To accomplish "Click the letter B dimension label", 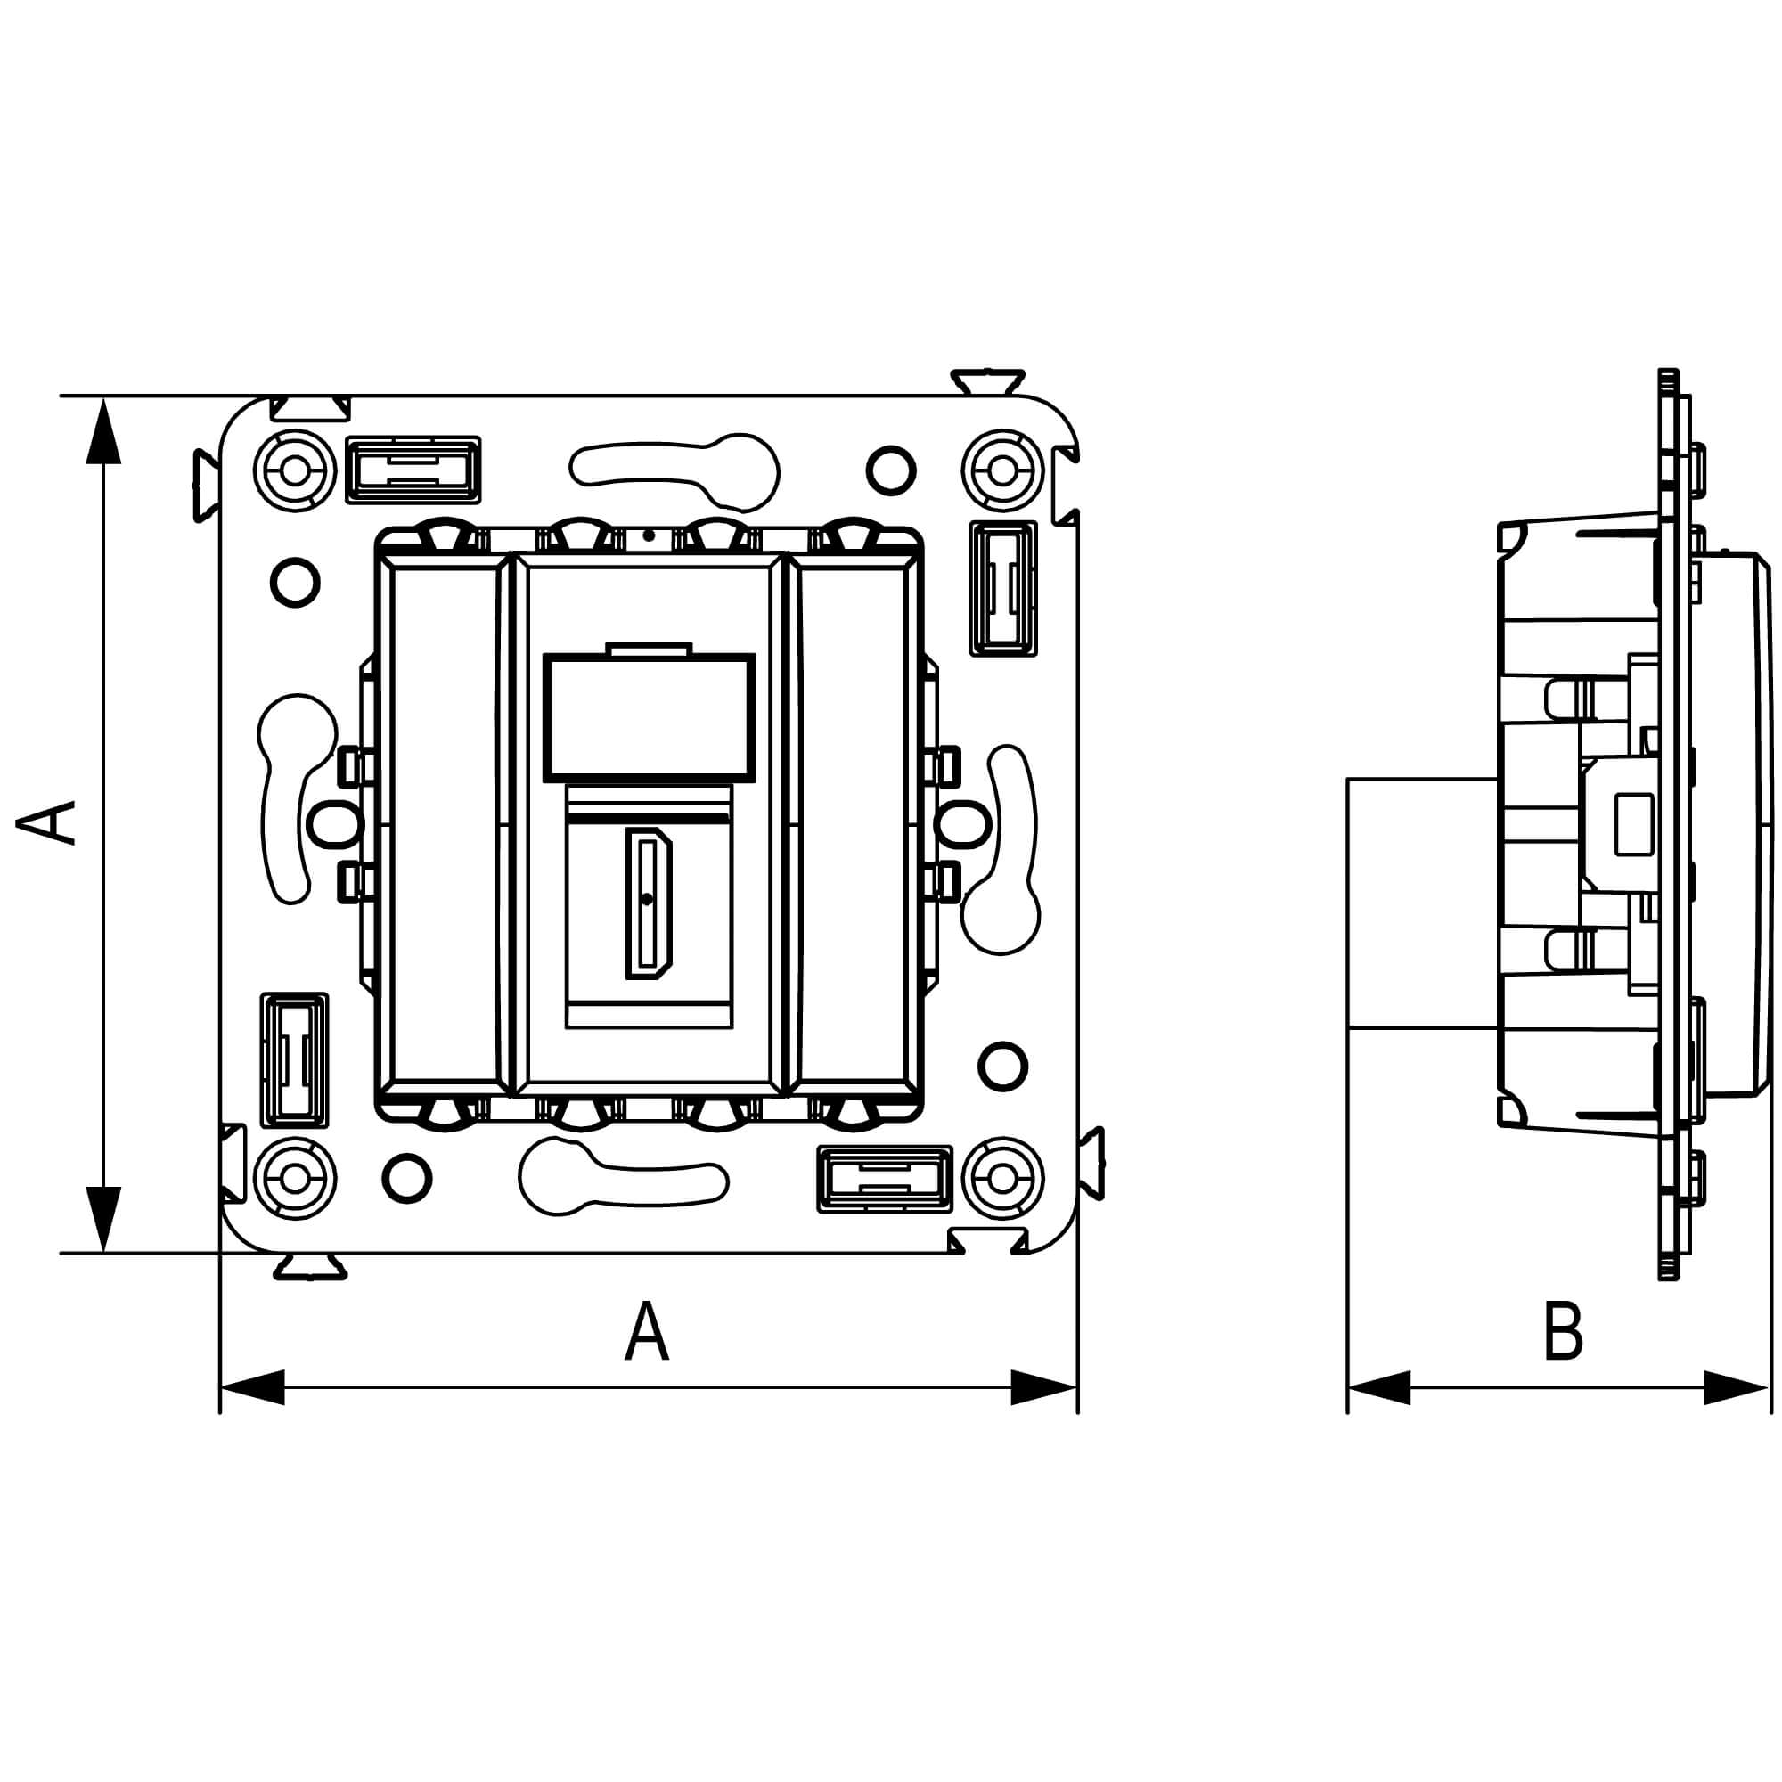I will tap(1563, 1332).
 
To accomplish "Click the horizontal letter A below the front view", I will tap(647, 1331).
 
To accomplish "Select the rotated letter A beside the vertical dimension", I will tap(46, 822).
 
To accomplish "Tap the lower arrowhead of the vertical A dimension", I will tap(103, 1217).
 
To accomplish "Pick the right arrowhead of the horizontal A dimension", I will tap(1044, 1387).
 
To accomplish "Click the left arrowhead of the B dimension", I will tap(1380, 1387).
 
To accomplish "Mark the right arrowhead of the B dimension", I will tap(1735, 1387).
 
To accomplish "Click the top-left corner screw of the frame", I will tap(294, 470).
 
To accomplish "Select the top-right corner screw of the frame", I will tap(1002, 470).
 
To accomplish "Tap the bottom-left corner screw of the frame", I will tap(294, 1179).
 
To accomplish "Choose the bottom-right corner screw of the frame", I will tap(1002, 1179).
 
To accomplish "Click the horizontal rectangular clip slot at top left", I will tap(413, 470).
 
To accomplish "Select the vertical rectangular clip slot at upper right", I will tap(1002, 588).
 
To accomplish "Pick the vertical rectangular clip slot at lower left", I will tap(294, 1059).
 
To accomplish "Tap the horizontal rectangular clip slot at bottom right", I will tap(885, 1179).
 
